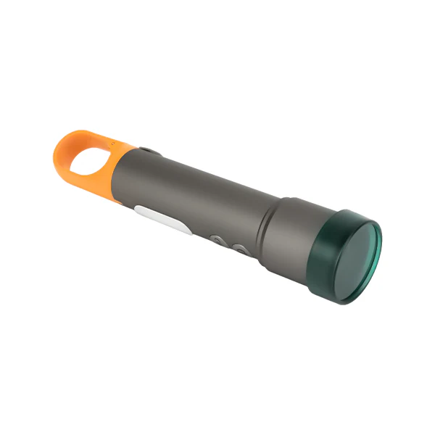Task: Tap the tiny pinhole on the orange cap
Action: [113, 143]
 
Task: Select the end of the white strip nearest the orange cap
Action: [139, 211]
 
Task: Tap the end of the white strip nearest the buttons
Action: [186, 231]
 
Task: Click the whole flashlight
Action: [217, 210]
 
